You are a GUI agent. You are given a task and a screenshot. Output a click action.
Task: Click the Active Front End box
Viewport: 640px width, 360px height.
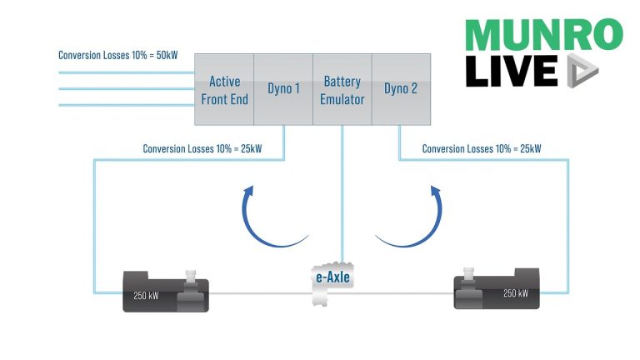(224, 89)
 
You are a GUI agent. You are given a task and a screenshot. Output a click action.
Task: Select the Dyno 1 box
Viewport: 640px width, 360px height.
(282, 89)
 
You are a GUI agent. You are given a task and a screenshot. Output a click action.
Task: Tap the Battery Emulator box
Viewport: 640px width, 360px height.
(342, 89)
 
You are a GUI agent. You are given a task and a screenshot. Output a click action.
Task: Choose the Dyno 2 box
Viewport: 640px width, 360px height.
(401, 89)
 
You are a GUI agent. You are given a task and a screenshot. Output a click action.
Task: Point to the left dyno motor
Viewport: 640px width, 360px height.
(166, 291)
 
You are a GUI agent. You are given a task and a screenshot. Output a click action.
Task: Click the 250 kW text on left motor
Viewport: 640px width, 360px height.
(147, 294)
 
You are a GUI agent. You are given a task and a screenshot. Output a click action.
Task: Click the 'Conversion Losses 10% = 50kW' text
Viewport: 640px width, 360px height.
(117, 55)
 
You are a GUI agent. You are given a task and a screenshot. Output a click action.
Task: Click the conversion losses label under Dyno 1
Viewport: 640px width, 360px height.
(202, 149)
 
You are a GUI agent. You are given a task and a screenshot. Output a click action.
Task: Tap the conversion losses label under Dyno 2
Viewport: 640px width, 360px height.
(482, 149)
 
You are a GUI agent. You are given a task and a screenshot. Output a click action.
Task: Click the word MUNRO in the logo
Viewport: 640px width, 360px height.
(542, 34)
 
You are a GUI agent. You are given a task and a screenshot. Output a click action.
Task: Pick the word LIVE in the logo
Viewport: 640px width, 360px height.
(510, 71)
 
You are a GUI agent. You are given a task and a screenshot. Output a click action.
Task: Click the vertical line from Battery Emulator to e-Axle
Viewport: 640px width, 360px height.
(342, 192)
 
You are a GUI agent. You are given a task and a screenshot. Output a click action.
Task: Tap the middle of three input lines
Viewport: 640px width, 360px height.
(125, 88)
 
